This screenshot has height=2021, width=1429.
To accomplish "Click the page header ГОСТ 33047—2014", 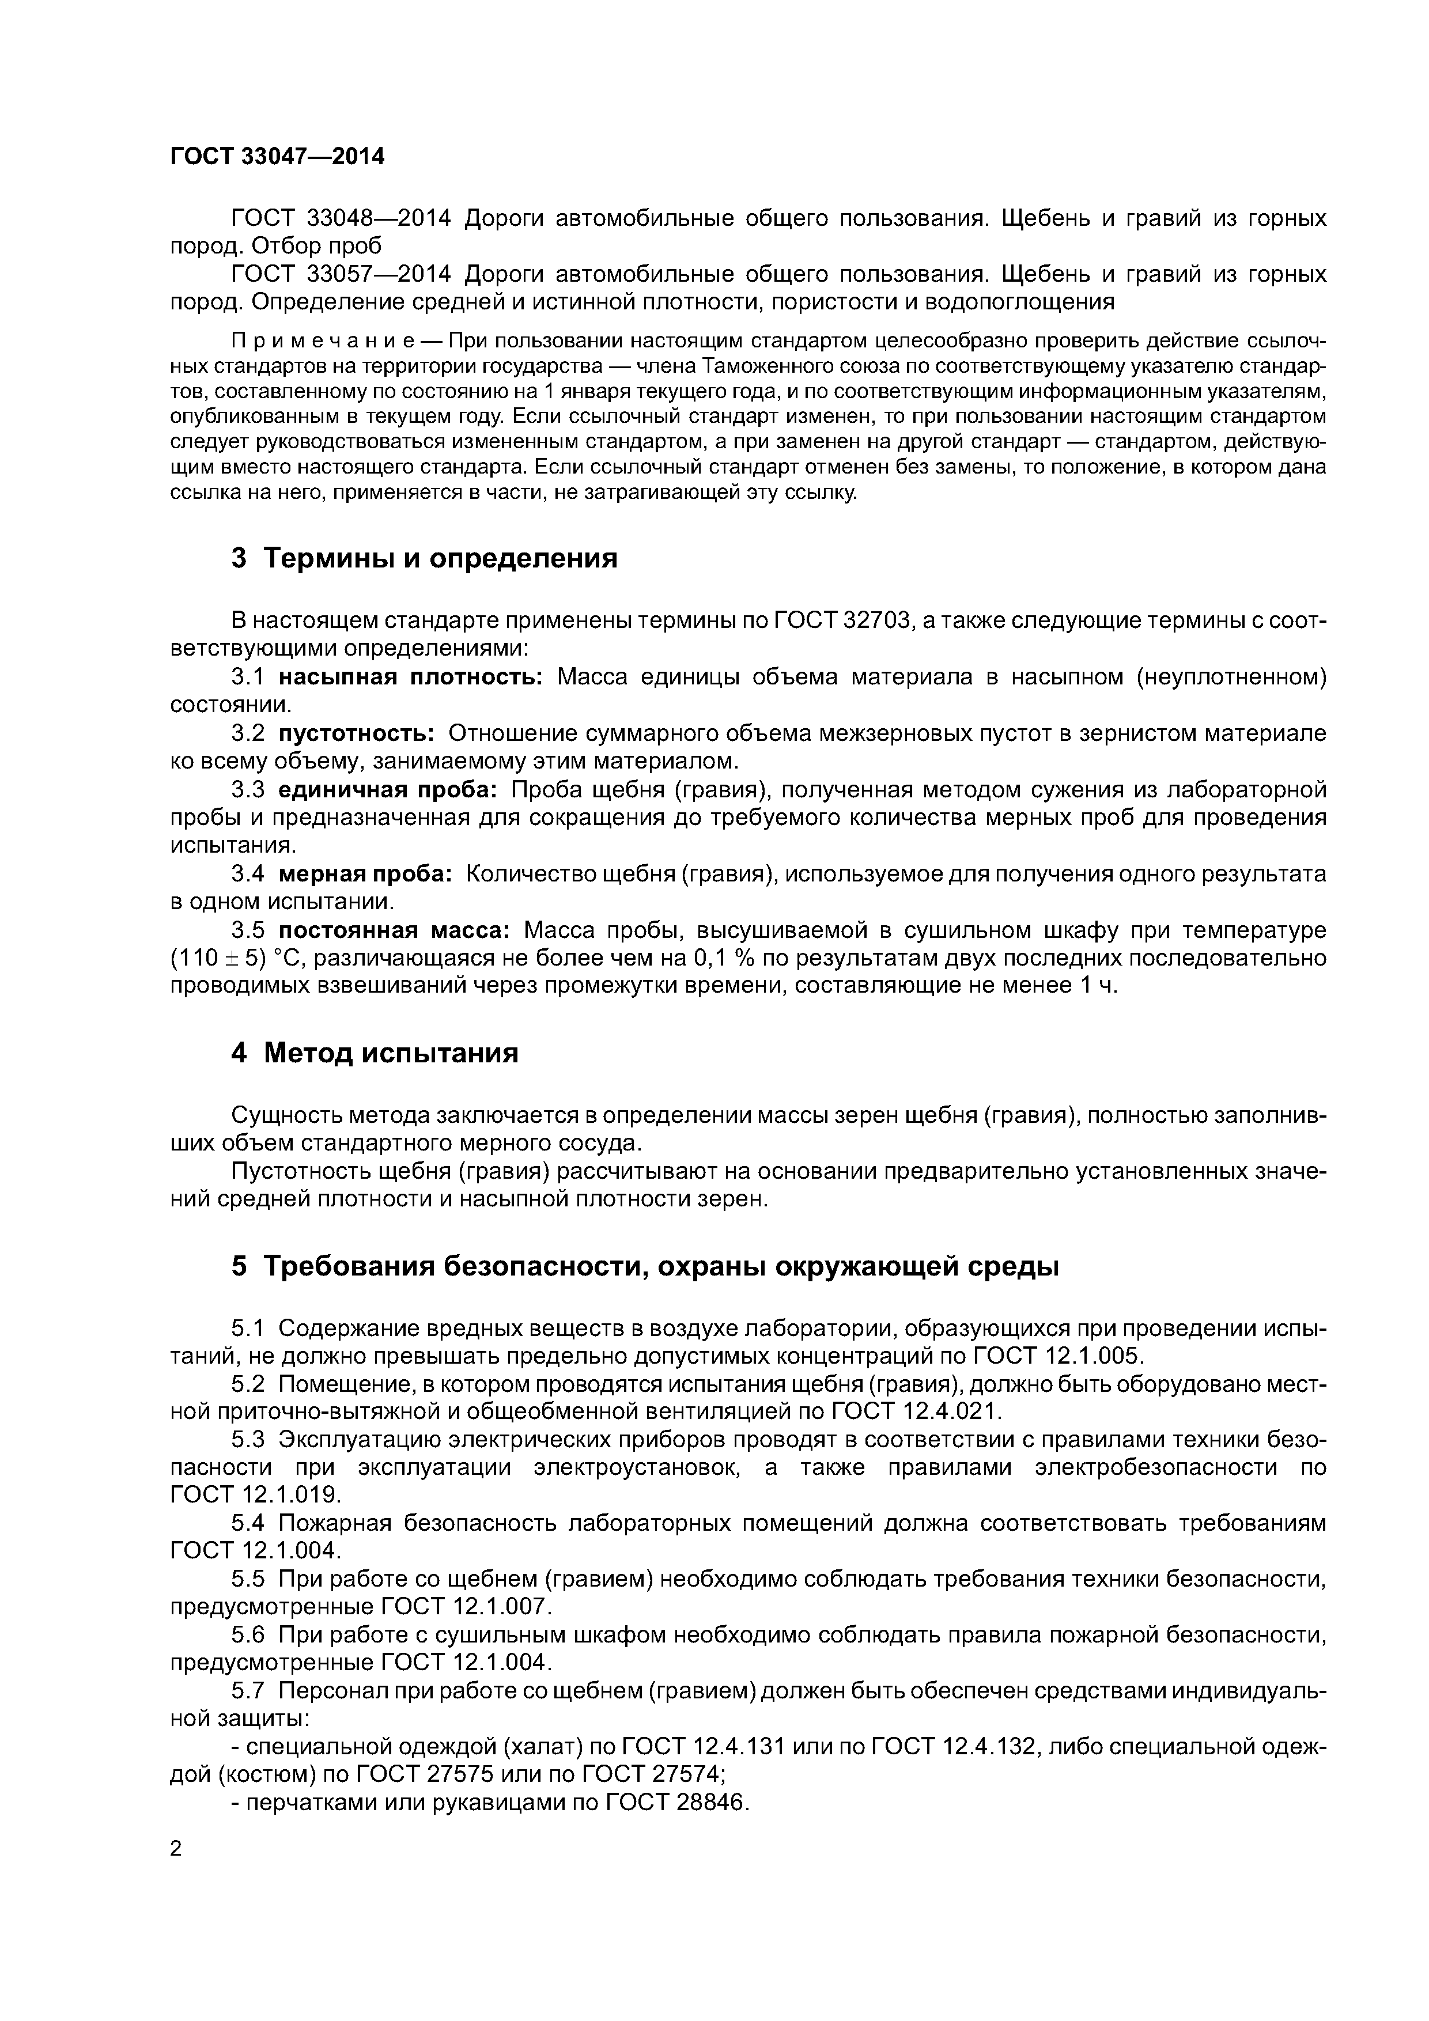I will tap(277, 157).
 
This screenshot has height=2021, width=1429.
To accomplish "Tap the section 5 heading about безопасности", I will tap(645, 1267).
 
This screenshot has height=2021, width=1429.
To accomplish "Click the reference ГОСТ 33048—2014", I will tap(341, 218).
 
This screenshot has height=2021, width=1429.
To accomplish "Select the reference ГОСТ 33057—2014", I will tap(341, 275).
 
